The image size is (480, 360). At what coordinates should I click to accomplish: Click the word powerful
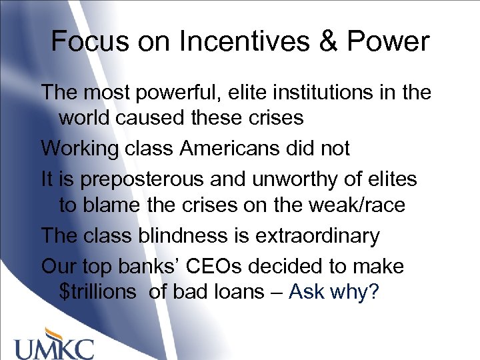(x=171, y=93)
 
